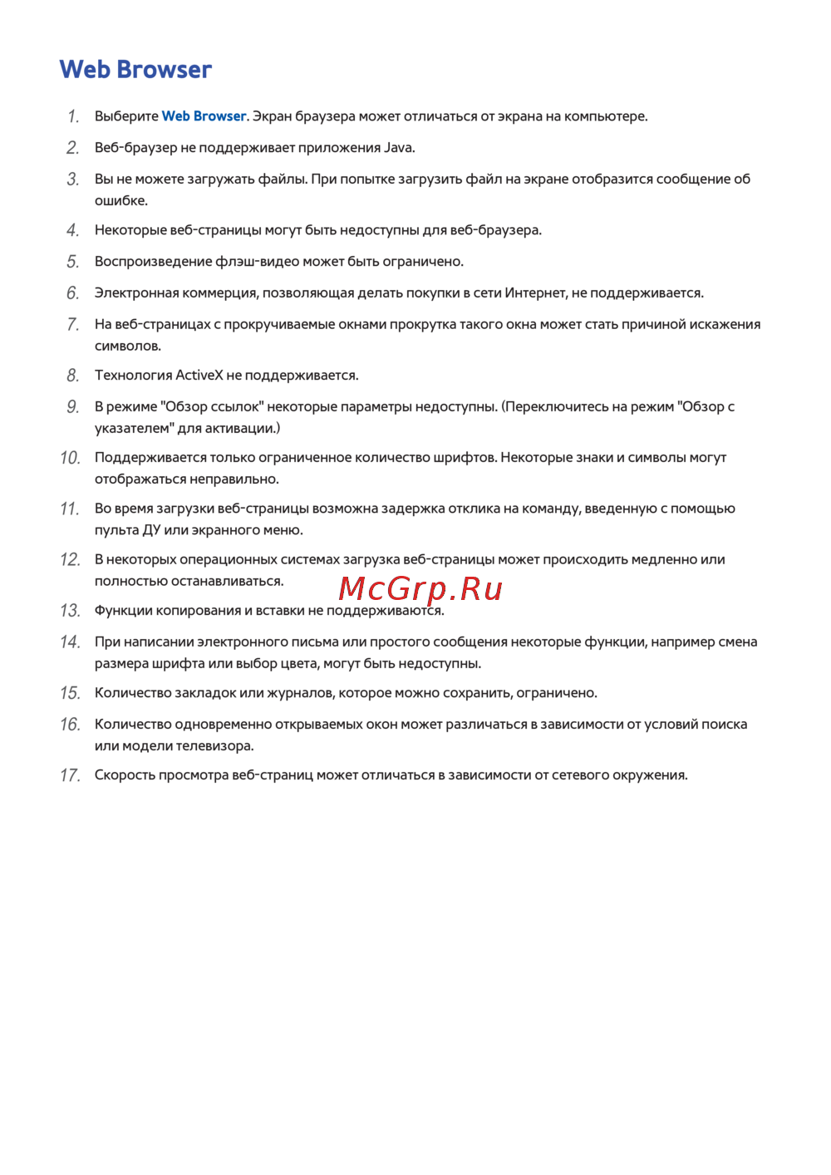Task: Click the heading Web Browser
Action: (x=135, y=70)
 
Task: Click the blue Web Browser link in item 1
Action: (x=204, y=116)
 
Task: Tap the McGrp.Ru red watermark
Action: (x=420, y=589)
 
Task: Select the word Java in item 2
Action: (x=398, y=148)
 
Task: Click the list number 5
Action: (x=73, y=262)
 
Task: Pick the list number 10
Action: (x=70, y=458)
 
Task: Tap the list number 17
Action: (x=70, y=775)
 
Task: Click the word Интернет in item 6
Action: (x=535, y=293)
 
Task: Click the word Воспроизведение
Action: (x=154, y=262)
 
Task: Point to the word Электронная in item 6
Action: (x=134, y=293)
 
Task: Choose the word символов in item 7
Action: (x=126, y=347)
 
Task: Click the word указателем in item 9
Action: (x=131, y=429)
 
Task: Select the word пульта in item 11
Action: (x=116, y=530)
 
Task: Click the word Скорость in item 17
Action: (x=125, y=775)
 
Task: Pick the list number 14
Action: (x=70, y=642)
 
